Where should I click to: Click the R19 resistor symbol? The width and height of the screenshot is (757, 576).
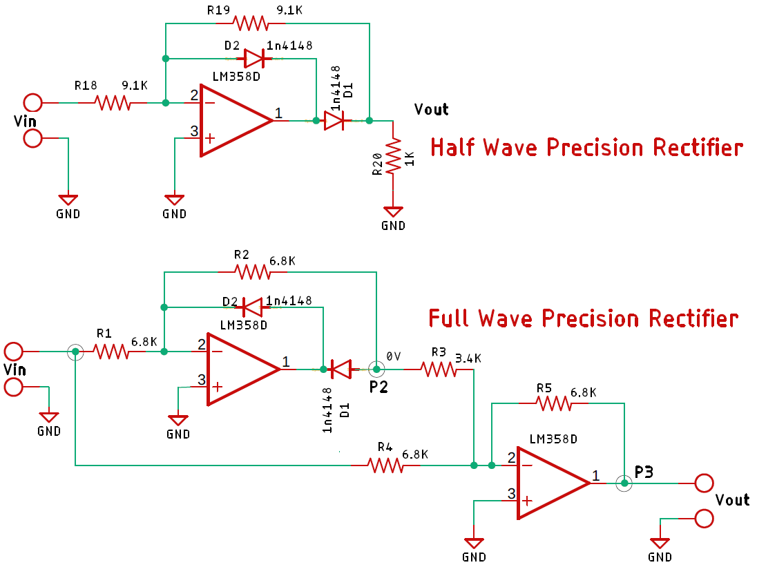pyautogui.click(x=251, y=23)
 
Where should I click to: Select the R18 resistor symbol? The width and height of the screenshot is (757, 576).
pyautogui.click(x=113, y=103)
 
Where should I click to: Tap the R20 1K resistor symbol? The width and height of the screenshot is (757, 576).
pyautogui.click(x=393, y=155)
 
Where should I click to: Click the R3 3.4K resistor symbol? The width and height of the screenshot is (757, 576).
pyautogui.click(x=439, y=370)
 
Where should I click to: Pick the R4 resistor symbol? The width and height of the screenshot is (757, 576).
pyautogui.click(x=386, y=465)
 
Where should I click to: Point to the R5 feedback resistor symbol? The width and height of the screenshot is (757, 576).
pyautogui.click(x=555, y=404)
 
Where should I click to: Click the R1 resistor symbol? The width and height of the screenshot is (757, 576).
pyautogui.click(x=111, y=352)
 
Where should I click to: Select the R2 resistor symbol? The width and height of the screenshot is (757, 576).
pyautogui.click(x=253, y=272)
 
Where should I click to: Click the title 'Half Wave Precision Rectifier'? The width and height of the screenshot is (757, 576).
pyautogui.click(x=586, y=147)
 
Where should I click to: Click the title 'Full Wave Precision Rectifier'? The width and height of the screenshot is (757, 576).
pyautogui.click(x=584, y=318)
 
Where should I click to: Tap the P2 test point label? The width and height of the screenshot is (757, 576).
pyautogui.click(x=378, y=387)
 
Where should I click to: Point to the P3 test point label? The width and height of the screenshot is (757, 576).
pyautogui.click(x=644, y=472)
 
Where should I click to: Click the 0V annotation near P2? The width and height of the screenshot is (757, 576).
pyautogui.click(x=393, y=356)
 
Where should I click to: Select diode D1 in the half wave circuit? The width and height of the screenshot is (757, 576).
pyautogui.click(x=334, y=121)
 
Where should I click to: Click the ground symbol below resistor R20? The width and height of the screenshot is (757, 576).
pyautogui.click(x=393, y=211)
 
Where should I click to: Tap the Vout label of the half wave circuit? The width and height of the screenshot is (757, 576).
pyautogui.click(x=431, y=109)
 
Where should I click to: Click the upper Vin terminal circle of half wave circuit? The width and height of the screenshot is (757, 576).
pyautogui.click(x=32, y=103)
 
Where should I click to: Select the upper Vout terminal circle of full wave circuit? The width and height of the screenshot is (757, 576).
pyautogui.click(x=704, y=483)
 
